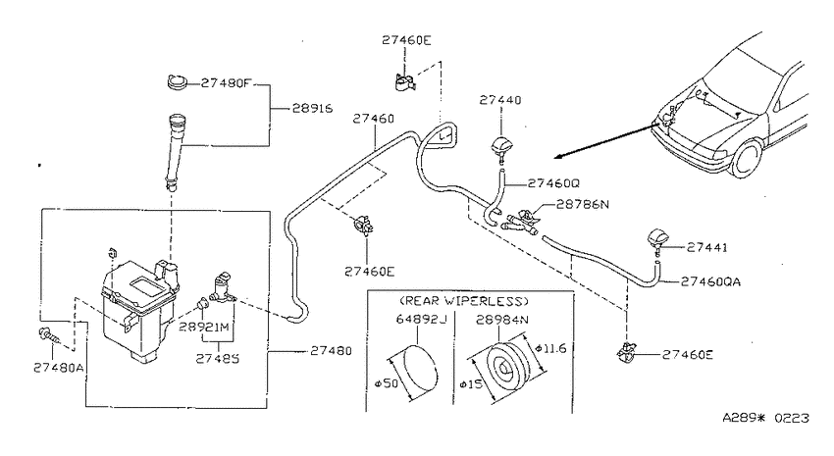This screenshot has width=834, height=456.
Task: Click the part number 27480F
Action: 226,83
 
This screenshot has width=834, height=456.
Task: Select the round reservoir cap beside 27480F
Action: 176,82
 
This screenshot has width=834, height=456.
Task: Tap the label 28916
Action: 312,109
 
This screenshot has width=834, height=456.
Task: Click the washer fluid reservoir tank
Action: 139,311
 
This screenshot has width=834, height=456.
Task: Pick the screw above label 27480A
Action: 49,335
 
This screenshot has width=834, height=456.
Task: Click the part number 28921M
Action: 204,327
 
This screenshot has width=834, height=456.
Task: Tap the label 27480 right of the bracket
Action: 331,351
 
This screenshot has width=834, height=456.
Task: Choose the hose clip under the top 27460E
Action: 405,82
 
